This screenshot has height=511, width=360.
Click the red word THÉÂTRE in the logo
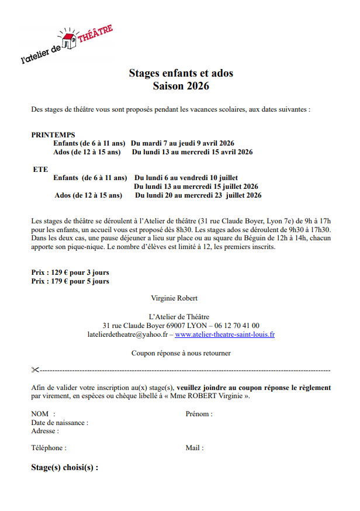95,36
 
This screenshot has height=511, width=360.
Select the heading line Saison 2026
181,86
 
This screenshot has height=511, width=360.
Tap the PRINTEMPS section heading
53,134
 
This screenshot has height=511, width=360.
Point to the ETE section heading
40,169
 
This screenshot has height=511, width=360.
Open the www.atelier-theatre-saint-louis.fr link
224,334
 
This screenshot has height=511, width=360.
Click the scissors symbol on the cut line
34,370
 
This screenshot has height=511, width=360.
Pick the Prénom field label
199,414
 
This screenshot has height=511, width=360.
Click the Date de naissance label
60,422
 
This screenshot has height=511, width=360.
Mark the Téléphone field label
49,448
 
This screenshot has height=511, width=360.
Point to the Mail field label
195,448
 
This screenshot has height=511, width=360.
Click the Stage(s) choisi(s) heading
64,468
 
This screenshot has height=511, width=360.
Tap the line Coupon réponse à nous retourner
181,353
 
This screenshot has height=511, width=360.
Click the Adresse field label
45,431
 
